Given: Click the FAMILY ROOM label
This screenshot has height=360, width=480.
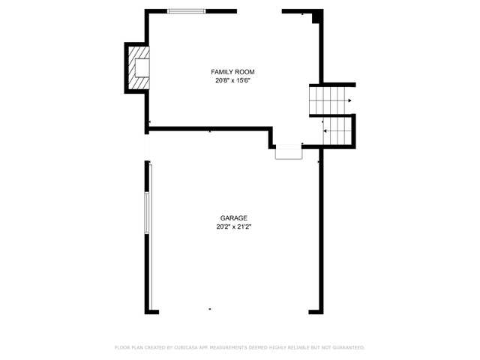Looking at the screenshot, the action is [232, 72].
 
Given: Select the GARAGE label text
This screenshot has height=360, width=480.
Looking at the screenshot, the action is [233, 218].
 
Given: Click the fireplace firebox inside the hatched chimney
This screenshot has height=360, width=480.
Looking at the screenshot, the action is [142, 67].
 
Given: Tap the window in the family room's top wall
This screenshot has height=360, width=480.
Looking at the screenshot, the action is [187, 11].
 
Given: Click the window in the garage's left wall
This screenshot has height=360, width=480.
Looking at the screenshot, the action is [147, 213].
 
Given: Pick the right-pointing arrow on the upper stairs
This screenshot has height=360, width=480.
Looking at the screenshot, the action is [349, 100].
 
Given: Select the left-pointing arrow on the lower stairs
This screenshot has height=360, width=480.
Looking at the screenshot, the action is [325, 131].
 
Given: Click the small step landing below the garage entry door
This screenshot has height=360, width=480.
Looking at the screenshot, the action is [289, 151].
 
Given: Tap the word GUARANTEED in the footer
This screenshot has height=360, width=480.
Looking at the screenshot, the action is [349, 347].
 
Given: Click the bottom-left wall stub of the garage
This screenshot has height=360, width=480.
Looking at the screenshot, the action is [151, 312].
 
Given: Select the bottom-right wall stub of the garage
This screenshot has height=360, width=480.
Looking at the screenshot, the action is [316, 312].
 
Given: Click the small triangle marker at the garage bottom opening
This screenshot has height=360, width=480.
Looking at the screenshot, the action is [210, 309].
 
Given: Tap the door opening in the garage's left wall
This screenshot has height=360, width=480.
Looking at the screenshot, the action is [147, 148].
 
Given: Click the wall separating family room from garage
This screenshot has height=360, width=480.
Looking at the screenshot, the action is [209, 128].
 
